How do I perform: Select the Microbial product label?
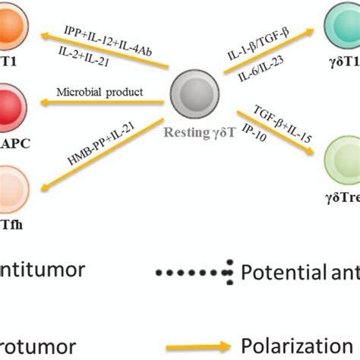pyautogui.click(x=99, y=93)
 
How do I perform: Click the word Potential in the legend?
pyautogui.click(x=278, y=271)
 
